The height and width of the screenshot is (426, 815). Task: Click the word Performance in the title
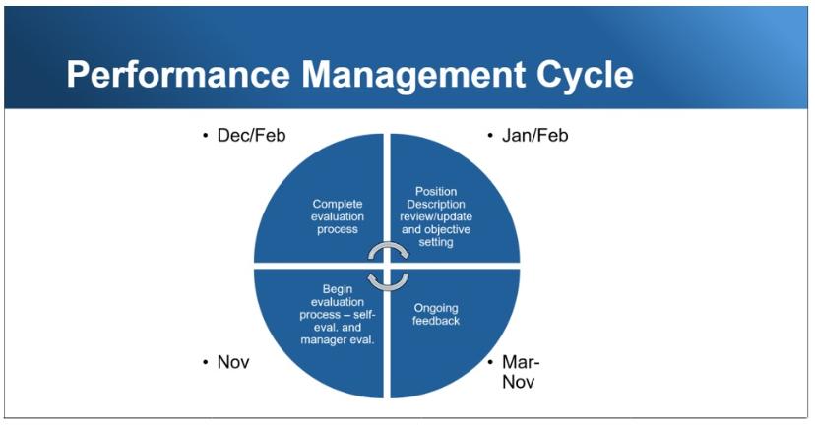point(178,75)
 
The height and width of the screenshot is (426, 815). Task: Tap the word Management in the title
point(413,75)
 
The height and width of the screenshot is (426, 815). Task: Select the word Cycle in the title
point(585,75)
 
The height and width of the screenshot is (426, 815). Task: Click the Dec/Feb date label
point(252,136)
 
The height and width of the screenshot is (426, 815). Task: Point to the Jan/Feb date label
point(534,136)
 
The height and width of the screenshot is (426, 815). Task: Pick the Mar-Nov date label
point(521,372)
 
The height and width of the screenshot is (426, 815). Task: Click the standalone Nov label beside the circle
point(233,362)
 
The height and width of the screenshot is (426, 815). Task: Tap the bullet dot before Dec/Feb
point(206,136)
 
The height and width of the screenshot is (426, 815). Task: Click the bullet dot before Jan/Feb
point(490,136)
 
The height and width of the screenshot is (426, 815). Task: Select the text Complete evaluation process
point(338,216)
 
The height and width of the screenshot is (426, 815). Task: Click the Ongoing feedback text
point(436,314)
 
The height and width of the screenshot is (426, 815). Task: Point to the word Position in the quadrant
point(436,191)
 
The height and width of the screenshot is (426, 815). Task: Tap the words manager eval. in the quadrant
point(338,340)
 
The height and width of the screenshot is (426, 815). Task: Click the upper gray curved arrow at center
point(388,252)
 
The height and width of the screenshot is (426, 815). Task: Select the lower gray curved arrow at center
point(388,282)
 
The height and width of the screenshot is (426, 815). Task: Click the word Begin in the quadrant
point(338,289)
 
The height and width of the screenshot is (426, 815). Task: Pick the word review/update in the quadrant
point(436,216)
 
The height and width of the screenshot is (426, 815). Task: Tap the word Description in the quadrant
point(436,205)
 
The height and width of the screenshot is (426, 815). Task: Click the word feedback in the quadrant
point(436,321)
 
